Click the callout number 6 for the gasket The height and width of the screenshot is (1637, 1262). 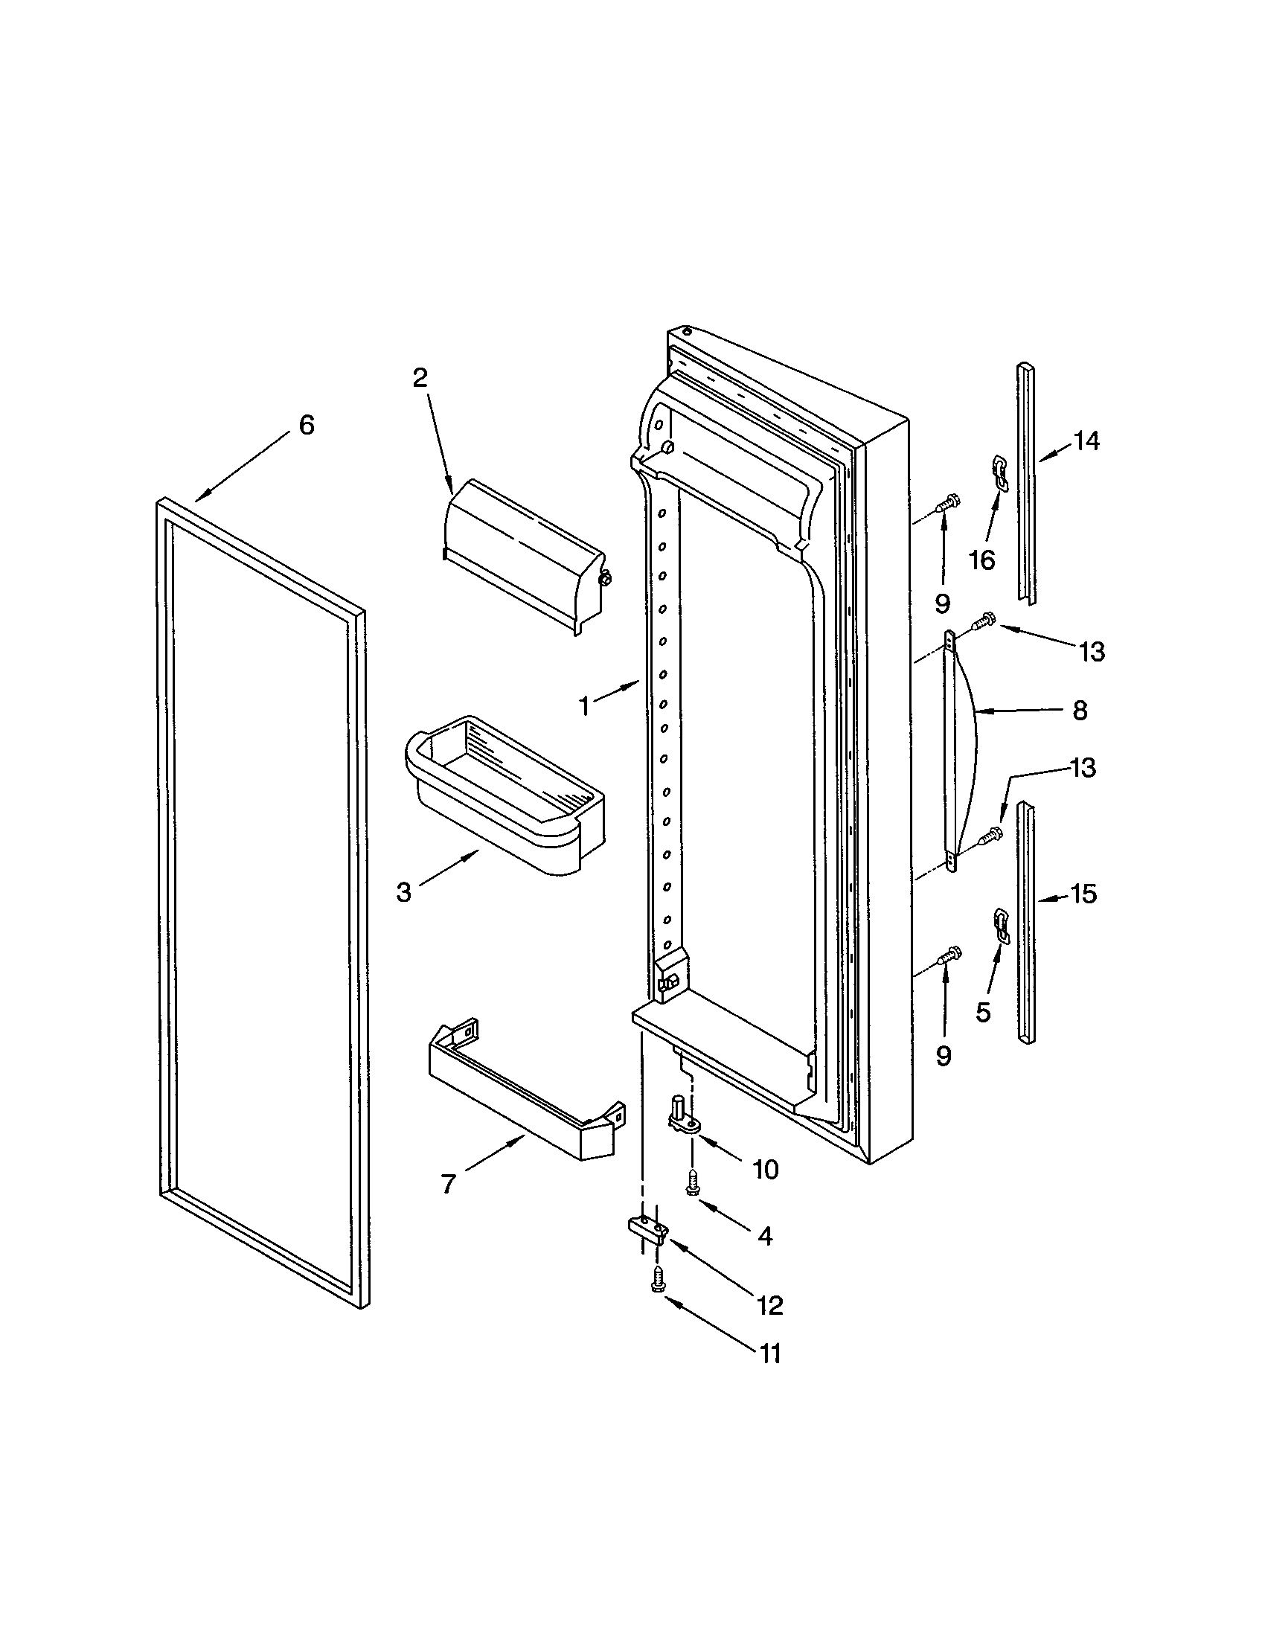[307, 425]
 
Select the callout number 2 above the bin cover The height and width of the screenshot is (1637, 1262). [420, 377]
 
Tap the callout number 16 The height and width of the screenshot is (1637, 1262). [981, 559]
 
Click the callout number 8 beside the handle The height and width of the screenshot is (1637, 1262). [1079, 710]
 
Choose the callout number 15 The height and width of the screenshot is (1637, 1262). [1083, 894]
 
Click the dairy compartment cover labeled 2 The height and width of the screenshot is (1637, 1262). [525, 553]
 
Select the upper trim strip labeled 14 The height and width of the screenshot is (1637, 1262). [1025, 480]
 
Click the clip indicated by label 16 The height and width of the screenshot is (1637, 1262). [998, 474]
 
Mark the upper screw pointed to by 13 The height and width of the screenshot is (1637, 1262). [981, 620]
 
